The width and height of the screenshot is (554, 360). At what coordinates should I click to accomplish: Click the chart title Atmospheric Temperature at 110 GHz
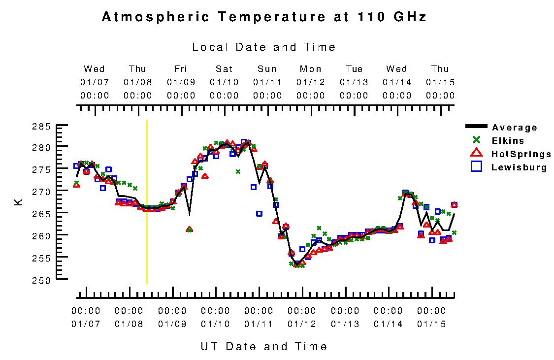(263, 17)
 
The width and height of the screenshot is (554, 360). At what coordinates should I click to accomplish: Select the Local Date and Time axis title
(263, 47)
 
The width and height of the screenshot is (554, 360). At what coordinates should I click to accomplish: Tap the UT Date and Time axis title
(263, 346)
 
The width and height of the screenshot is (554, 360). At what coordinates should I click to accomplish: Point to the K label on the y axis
(19, 202)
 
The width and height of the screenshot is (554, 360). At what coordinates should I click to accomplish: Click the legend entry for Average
(514, 128)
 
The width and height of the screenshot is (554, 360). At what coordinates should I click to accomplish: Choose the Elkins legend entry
(507, 141)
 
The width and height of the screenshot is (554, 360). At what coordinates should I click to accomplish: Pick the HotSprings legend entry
(521, 154)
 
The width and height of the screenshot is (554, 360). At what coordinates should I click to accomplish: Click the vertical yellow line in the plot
(147, 202)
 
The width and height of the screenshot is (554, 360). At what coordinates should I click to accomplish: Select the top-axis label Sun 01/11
(267, 82)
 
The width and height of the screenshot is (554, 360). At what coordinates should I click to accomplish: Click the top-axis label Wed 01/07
(95, 82)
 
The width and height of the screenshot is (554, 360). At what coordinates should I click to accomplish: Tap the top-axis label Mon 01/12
(311, 82)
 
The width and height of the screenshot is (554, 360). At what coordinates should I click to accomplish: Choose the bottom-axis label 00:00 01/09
(172, 317)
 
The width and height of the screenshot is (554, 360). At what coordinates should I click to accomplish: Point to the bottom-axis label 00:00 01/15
(431, 317)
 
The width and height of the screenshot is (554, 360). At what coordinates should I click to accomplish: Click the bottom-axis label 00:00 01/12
(302, 317)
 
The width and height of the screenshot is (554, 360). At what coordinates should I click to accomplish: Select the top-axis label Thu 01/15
(440, 82)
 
